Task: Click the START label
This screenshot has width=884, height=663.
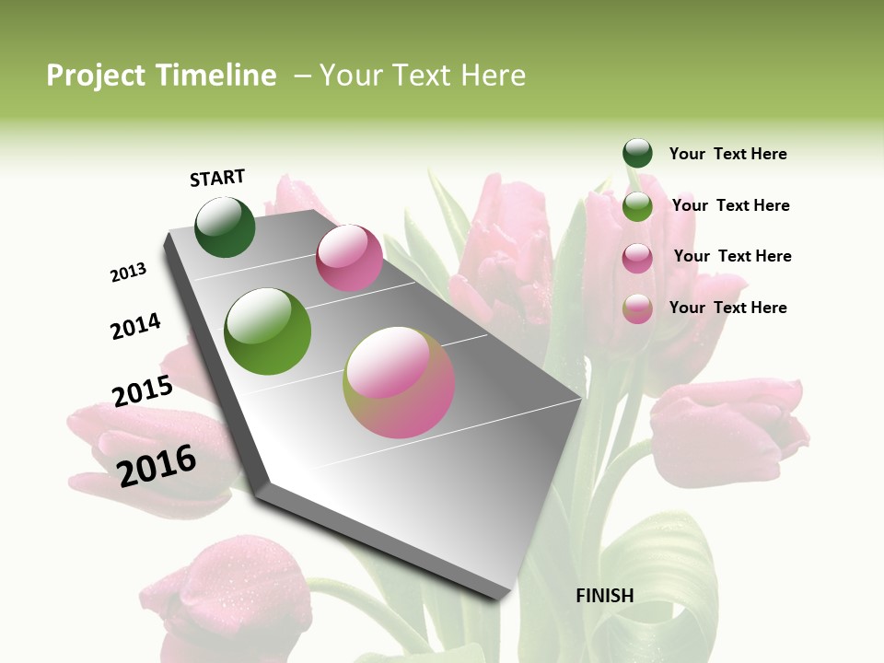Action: (217, 178)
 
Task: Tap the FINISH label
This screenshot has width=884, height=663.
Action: (605, 596)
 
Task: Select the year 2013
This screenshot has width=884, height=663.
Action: (128, 273)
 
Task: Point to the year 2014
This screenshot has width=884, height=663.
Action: (135, 327)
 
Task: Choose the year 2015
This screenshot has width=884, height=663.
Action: (143, 391)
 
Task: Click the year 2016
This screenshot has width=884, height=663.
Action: (157, 465)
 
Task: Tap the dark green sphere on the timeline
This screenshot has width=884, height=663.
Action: (226, 227)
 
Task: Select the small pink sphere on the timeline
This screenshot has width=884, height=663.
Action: (349, 258)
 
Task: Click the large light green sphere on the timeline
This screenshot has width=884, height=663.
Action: (268, 331)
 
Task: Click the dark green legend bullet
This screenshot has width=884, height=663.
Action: (637, 153)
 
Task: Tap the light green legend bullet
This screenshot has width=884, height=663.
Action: (637, 206)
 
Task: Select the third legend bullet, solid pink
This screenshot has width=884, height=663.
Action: (637, 258)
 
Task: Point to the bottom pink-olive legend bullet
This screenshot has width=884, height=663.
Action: (637, 308)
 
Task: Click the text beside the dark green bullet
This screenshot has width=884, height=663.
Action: (727, 154)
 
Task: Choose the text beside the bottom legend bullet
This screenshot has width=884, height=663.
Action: (727, 308)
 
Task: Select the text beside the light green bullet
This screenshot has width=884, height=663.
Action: (730, 205)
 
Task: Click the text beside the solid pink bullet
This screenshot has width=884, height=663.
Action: (732, 256)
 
